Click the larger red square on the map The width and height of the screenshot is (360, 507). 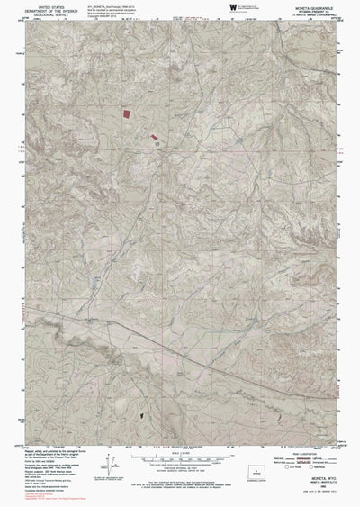(x=125, y=114)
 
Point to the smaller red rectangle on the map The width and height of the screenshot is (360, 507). (x=156, y=138)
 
